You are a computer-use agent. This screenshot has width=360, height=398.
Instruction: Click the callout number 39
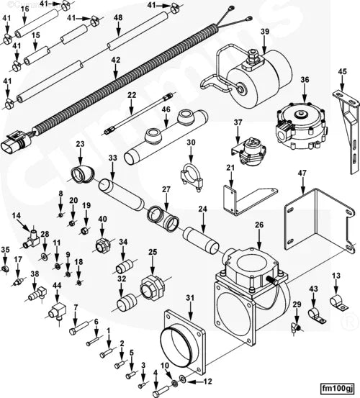(x=265, y=32)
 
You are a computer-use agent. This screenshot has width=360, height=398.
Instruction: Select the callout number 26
(x=258, y=225)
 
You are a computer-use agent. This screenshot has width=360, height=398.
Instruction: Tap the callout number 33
(x=112, y=158)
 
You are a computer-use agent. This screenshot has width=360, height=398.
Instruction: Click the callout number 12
(x=209, y=381)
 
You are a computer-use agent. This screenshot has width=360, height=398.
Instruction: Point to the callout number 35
(x=6, y=250)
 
